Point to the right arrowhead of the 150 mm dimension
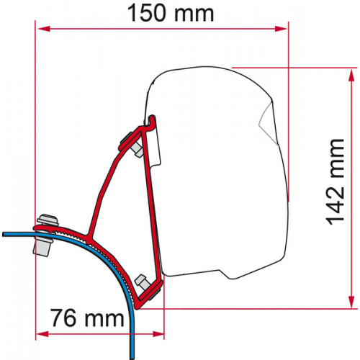click(x=283, y=30)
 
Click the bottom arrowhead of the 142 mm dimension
click(x=353, y=302)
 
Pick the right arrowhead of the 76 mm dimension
click(x=159, y=333)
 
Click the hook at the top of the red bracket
click(x=152, y=118)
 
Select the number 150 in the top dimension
click(x=150, y=14)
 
